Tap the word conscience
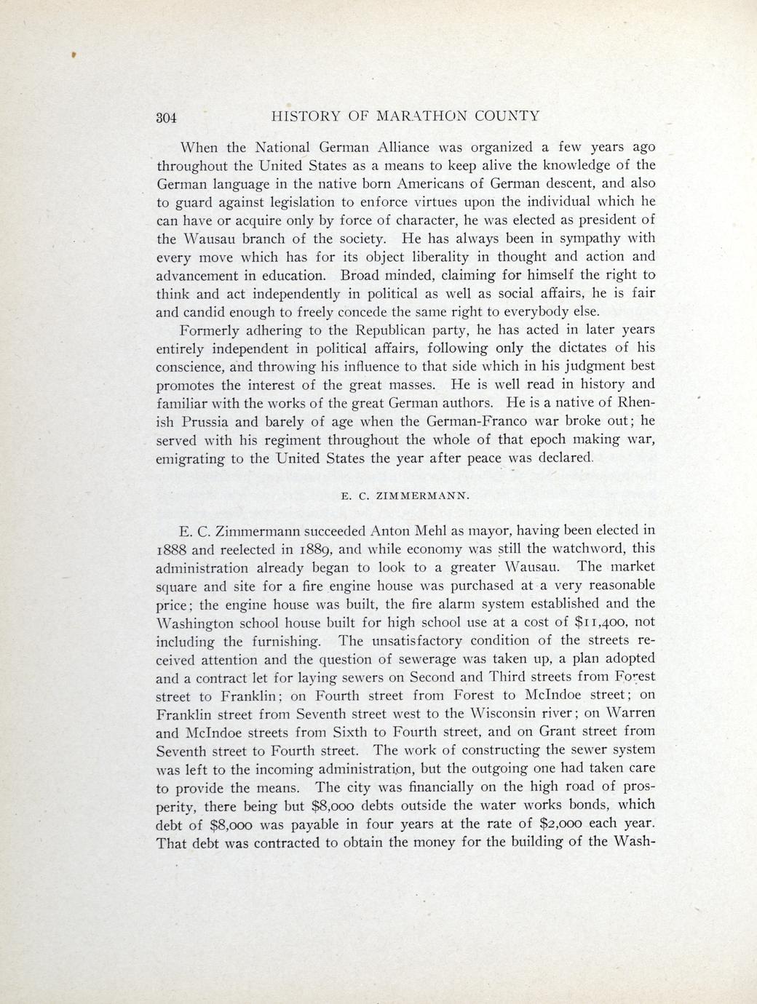(191, 367)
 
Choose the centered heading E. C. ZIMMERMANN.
(405, 497)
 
